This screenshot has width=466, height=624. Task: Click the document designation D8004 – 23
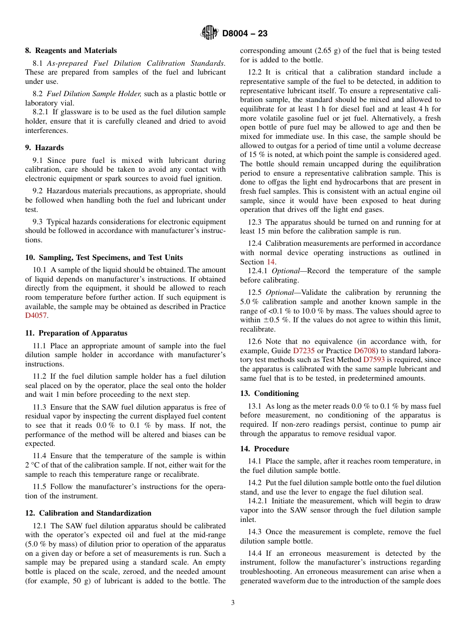click(245, 34)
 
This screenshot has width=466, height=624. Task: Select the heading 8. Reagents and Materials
click(71, 51)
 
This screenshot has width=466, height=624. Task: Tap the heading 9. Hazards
click(45, 148)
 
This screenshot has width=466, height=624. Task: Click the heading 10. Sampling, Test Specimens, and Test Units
click(104, 258)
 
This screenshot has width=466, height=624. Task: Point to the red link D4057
click(37, 316)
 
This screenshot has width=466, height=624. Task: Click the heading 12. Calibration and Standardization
click(88, 513)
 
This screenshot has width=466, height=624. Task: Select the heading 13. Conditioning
click(269, 393)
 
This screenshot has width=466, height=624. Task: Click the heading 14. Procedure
click(264, 449)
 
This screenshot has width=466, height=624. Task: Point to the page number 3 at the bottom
click(233, 603)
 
